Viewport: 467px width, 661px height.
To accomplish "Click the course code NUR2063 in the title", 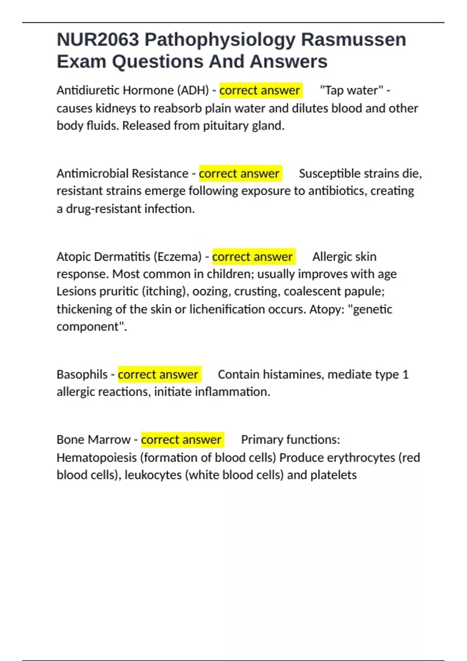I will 98,40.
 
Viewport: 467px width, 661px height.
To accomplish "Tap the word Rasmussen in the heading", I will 353,40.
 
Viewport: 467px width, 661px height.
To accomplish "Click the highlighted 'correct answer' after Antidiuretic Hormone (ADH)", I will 260,91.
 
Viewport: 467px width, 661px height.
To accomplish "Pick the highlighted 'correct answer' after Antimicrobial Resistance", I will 239,173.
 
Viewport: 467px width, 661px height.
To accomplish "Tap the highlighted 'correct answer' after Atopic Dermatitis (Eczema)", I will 252,257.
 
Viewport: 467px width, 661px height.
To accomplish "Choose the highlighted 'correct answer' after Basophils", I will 158,374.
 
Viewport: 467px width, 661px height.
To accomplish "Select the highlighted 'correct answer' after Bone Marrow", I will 181,440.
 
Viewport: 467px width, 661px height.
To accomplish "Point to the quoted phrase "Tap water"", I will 351,91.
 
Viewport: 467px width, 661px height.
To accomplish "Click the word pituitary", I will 225,126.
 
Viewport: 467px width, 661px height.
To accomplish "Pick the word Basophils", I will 82,374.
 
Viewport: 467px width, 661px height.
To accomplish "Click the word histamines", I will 293,374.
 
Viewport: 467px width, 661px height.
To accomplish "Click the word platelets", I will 334,475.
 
